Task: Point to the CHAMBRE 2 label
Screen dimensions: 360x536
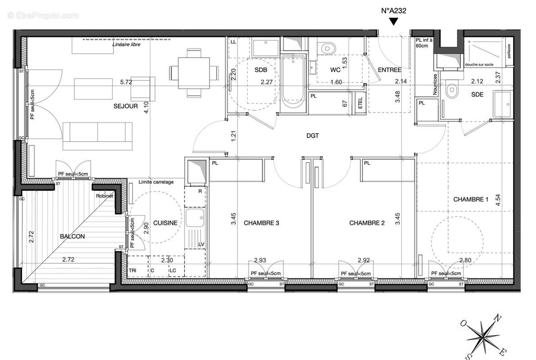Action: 367,223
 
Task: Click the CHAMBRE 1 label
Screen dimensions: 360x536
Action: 471,199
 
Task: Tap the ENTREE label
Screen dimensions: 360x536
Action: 389,70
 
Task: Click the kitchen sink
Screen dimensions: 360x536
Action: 196,219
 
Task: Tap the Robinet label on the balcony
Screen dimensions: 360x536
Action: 104,196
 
